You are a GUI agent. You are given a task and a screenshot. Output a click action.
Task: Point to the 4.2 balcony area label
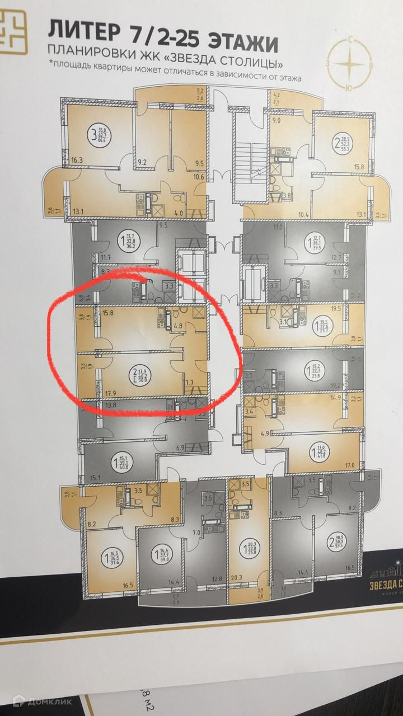[x=276, y=96]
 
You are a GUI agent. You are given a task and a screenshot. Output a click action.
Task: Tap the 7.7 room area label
[x=189, y=383]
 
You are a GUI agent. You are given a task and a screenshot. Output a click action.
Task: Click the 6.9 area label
[x=180, y=448]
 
